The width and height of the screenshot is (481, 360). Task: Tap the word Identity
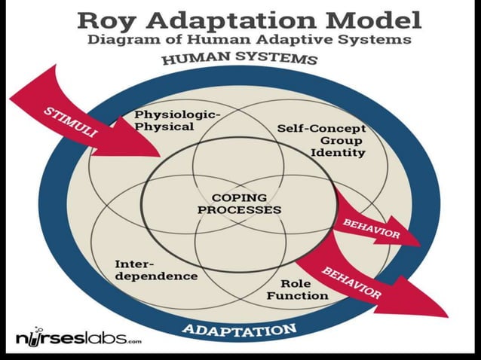[339, 153]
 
